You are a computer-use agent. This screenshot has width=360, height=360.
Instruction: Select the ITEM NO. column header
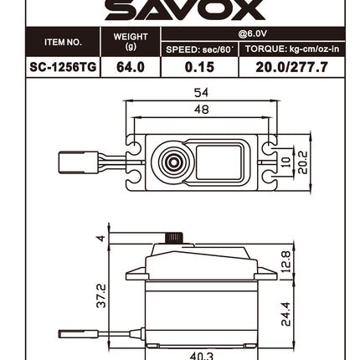63,42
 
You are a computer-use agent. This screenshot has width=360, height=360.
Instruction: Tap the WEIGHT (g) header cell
130,42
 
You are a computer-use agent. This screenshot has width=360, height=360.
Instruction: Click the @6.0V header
251,35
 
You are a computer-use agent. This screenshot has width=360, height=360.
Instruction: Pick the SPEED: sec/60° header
199,49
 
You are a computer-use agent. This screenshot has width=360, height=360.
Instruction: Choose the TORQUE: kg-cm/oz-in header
291,49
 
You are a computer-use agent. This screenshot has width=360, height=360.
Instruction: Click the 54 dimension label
201,93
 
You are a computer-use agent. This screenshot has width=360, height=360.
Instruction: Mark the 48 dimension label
201,110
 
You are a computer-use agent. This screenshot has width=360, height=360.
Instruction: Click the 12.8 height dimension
285,260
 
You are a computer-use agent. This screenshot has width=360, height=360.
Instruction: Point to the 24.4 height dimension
285,314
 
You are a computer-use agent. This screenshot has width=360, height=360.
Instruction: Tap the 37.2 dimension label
101,294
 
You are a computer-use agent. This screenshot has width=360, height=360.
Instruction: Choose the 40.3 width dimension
201,356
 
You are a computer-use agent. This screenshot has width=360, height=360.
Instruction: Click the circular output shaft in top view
172,161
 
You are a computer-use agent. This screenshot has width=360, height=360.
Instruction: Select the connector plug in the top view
78,161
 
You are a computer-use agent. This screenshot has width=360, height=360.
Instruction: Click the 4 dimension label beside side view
101,238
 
